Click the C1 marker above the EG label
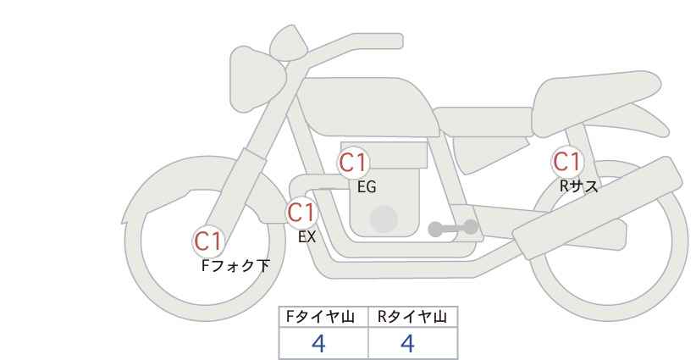click(353, 163)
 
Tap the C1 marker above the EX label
click(301, 213)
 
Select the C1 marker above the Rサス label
click(567, 162)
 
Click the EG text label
click(367, 187)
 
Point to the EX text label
click(307, 237)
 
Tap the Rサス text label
click(578, 186)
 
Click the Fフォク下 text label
click(235, 266)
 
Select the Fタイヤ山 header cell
click(323, 317)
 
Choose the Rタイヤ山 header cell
click(413, 317)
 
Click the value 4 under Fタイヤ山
click(318, 343)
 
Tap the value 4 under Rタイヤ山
click(407, 343)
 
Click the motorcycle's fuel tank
click(367, 107)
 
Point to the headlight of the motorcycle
click(257, 80)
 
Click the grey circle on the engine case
click(384, 219)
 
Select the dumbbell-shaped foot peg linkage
click(453, 228)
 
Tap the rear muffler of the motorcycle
click(597, 208)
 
